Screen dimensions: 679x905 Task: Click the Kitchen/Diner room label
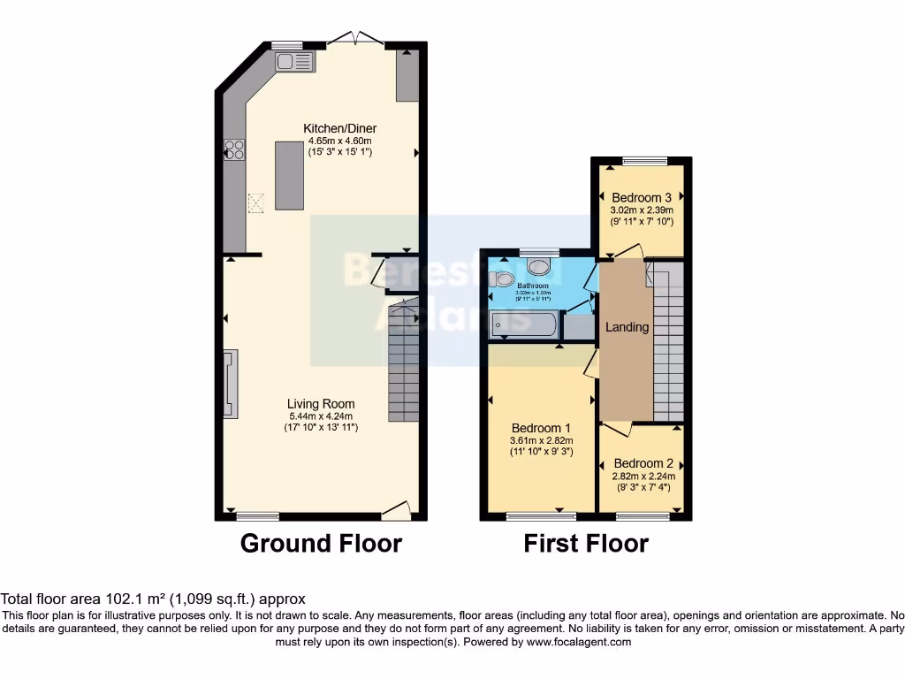pyautogui.click(x=339, y=128)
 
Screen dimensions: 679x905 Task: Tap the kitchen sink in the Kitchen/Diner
pyautogui.click(x=294, y=61)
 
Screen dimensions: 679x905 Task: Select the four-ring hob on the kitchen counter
pyautogui.click(x=234, y=150)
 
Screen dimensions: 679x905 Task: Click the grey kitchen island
pyautogui.click(x=289, y=175)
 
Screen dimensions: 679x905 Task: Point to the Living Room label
pyautogui.click(x=321, y=404)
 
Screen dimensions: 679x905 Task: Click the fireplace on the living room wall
pyautogui.click(x=230, y=383)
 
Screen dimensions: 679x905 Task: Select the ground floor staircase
pyautogui.click(x=403, y=362)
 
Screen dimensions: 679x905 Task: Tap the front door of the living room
pyautogui.click(x=396, y=510)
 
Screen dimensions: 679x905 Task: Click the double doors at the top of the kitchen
pyautogui.click(x=355, y=39)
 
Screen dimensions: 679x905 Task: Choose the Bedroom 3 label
pyautogui.click(x=642, y=197)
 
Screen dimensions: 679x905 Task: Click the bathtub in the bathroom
pyautogui.click(x=523, y=324)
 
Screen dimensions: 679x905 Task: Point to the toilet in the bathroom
pyautogui.click(x=503, y=279)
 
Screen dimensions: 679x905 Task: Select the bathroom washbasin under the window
pyautogui.click(x=538, y=265)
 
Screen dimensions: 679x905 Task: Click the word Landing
pyautogui.click(x=627, y=327)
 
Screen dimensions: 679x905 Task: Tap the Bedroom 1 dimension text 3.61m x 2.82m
pyautogui.click(x=541, y=441)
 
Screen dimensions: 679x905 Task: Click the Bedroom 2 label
pyautogui.click(x=643, y=463)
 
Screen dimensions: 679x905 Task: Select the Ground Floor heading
pyautogui.click(x=321, y=543)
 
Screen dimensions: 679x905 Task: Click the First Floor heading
pyautogui.click(x=586, y=543)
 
